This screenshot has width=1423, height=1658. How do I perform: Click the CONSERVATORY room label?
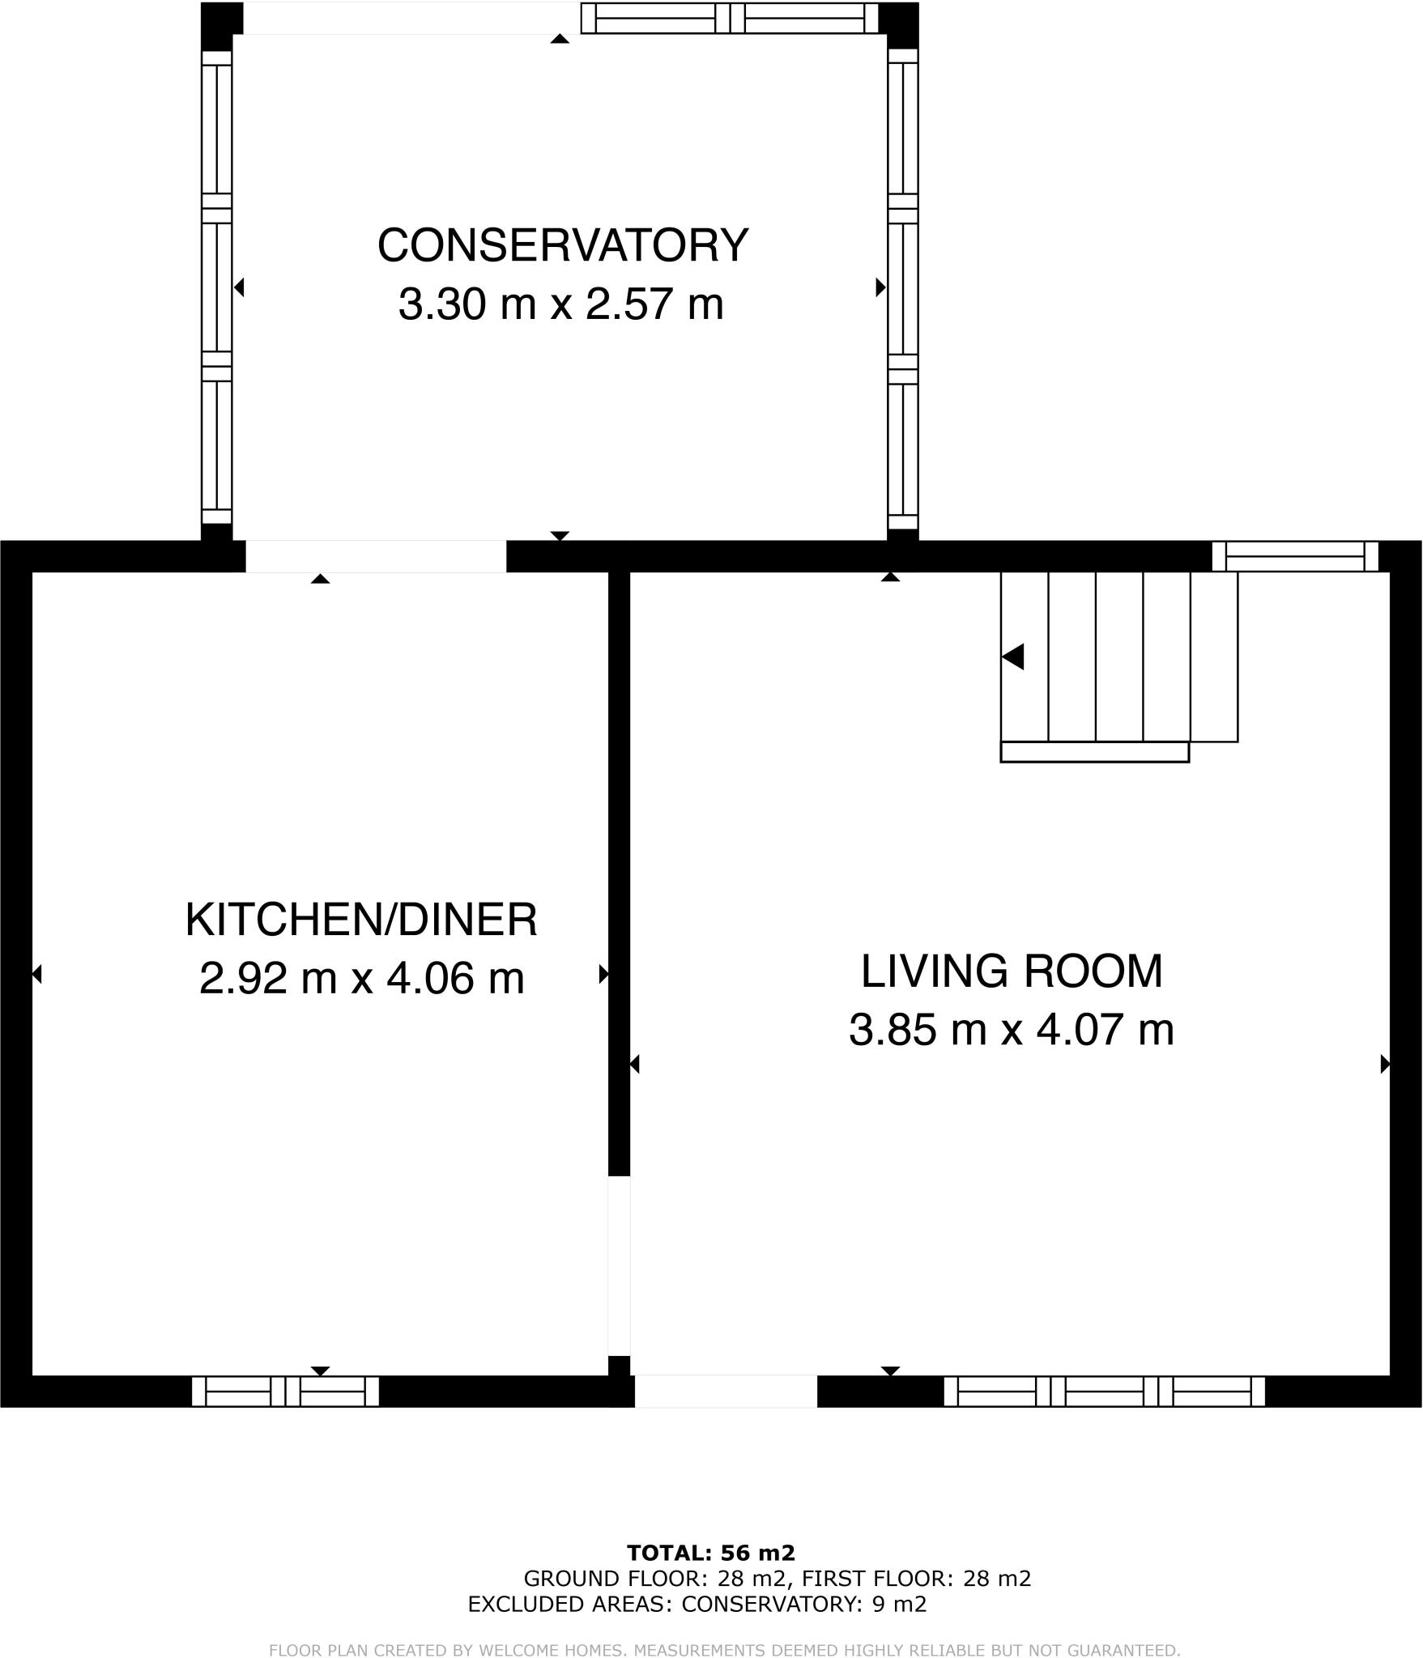coord(562,245)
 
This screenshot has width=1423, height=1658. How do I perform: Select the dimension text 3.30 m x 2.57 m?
coord(560,305)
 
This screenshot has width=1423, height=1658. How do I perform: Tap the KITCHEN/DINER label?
coord(361,920)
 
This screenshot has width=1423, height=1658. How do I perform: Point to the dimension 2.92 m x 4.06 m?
coord(361,978)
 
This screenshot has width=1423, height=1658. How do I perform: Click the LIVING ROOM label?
coord(1011,971)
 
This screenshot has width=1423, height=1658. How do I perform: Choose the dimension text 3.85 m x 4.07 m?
coord(1011,1031)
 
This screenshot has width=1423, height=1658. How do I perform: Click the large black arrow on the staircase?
coord(1013,657)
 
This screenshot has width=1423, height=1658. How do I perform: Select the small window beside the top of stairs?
coord(1294,557)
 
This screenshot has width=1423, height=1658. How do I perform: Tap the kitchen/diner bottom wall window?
coord(285,1392)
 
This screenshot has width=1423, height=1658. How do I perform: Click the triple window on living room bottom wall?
coord(1104,1392)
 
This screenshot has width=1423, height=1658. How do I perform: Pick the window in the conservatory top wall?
coord(729,18)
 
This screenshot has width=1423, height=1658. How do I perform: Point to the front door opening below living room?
coord(726,1391)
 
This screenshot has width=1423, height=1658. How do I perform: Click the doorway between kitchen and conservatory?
coord(376,557)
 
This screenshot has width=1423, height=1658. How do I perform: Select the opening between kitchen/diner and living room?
coord(619,1265)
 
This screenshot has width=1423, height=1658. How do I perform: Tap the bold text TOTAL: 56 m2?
coord(710,1553)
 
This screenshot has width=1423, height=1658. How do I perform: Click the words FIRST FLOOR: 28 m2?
coord(916,1579)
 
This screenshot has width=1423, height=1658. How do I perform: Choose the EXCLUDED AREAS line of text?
coord(697,1604)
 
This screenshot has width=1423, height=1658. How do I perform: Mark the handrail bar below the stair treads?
coord(1094,752)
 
